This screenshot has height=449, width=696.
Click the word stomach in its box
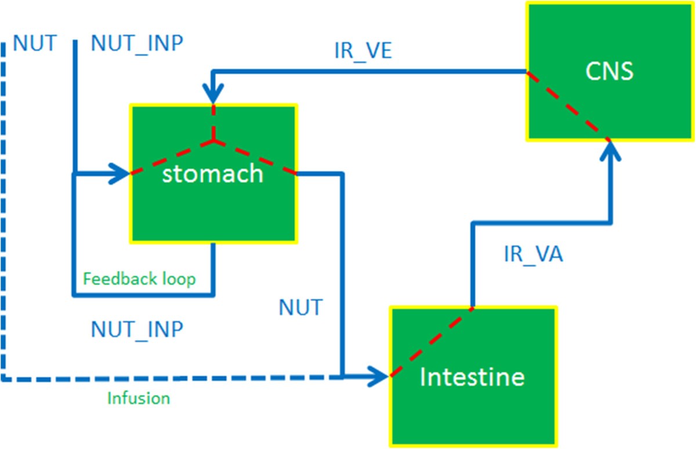[212, 174]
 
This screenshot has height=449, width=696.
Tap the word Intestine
[472, 377]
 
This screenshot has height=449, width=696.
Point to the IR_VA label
[533, 254]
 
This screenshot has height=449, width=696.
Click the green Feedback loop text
[139, 279]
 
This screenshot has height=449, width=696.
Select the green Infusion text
[139, 399]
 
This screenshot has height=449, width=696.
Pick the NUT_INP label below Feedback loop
[137, 328]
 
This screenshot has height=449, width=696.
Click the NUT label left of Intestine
[300, 307]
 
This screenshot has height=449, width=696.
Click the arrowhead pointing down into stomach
[213, 95]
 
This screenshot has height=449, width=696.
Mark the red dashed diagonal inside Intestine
[432, 342]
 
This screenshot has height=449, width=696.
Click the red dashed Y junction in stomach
[213, 140]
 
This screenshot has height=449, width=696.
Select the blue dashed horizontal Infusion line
[174, 379]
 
